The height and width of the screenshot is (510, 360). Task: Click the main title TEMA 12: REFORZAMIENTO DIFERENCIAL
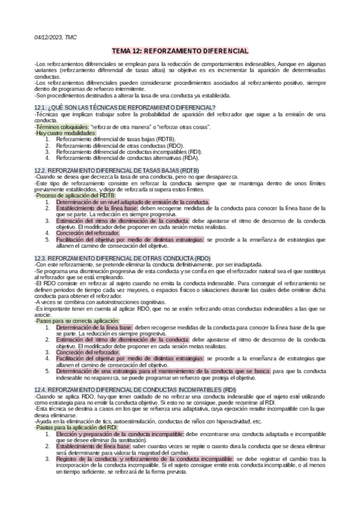click(180, 52)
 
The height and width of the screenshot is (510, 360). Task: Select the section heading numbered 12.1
click(125, 107)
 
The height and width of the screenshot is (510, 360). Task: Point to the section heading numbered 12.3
click(123, 257)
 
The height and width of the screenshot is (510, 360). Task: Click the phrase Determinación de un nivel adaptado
click(132, 202)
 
